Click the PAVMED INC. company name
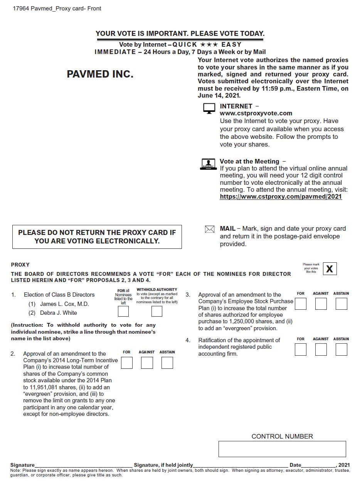(x=100, y=74)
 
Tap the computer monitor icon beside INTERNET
(x=209, y=109)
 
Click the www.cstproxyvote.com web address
(x=256, y=113)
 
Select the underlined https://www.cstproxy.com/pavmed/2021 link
(x=281, y=197)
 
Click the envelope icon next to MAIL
(x=209, y=230)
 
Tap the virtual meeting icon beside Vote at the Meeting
(x=208, y=164)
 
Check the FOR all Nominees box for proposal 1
(x=123, y=311)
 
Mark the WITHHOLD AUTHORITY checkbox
(x=156, y=311)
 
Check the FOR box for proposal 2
(x=126, y=363)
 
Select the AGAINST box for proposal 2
(x=147, y=363)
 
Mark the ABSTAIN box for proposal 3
(x=341, y=304)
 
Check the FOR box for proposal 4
(x=301, y=350)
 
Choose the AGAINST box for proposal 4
(x=321, y=350)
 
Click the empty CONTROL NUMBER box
(x=282, y=449)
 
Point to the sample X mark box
(x=330, y=269)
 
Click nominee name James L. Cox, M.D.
(x=64, y=304)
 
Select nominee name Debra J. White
(x=58, y=313)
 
